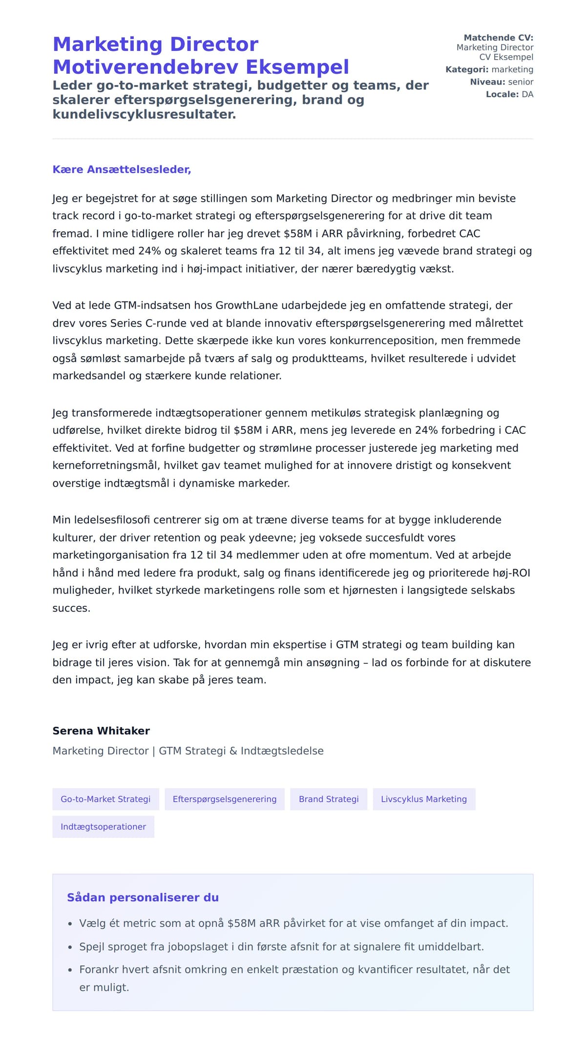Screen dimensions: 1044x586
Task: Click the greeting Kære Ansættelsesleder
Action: [x=122, y=170]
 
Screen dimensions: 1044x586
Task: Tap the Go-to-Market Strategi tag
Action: [x=105, y=799]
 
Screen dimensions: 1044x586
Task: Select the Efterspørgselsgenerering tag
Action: [x=225, y=799]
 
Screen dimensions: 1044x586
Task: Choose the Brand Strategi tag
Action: [x=329, y=799]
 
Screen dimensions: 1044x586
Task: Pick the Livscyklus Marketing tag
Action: [x=424, y=799]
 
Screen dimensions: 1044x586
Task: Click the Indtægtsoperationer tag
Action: [x=103, y=827]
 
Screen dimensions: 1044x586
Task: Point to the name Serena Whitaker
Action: [x=101, y=731]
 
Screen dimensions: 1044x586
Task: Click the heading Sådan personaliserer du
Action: [x=143, y=897]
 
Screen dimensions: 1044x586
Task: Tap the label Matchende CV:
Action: [x=498, y=38]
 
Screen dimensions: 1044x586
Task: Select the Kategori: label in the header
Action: [x=467, y=69]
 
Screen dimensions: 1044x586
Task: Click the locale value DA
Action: [x=527, y=94]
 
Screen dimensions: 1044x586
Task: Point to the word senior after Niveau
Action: [x=521, y=82]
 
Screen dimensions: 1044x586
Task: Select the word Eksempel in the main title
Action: [x=297, y=67]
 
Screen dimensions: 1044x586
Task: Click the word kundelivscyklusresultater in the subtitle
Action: [x=144, y=114]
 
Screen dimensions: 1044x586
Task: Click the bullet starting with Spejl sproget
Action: [x=281, y=947]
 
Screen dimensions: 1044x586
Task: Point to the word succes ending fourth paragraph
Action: [x=71, y=608]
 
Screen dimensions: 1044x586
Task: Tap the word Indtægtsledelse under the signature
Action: [x=282, y=751]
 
